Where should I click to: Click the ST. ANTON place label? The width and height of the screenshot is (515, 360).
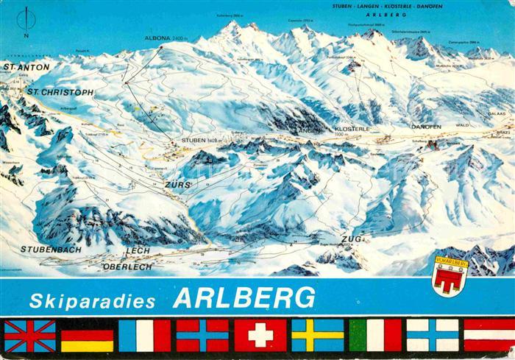pyautogui.click(x=26, y=67)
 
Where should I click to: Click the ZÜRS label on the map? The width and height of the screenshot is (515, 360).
pyautogui.click(x=178, y=184)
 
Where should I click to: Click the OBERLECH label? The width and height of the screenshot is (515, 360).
pyautogui.click(x=128, y=266)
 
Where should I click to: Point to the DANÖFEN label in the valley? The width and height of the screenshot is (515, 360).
pyautogui.click(x=426, y=127)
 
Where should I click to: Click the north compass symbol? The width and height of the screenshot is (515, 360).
pyautogui.click(x=27, y=18)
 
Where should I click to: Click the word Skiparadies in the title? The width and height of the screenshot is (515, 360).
pyautogui.click(x=93, y=300)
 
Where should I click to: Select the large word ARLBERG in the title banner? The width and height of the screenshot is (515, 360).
pyautogui.click(x=244, y=297)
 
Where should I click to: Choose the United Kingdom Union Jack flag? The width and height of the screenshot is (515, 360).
pyautogui.click(x=30, y=336)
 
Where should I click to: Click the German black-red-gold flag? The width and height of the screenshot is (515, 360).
pyautogui.click(x=87, y=336)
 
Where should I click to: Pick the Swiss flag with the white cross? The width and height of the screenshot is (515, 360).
pyautogui.click(x=260, y=336)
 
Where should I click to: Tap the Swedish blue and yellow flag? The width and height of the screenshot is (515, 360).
pyautogui.click(x=317, y=336)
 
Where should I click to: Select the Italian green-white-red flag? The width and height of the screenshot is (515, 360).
pyautogui.click(x=374, y=336)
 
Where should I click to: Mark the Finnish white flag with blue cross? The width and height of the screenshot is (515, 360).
pyautogui.click(x=432, y=336)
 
